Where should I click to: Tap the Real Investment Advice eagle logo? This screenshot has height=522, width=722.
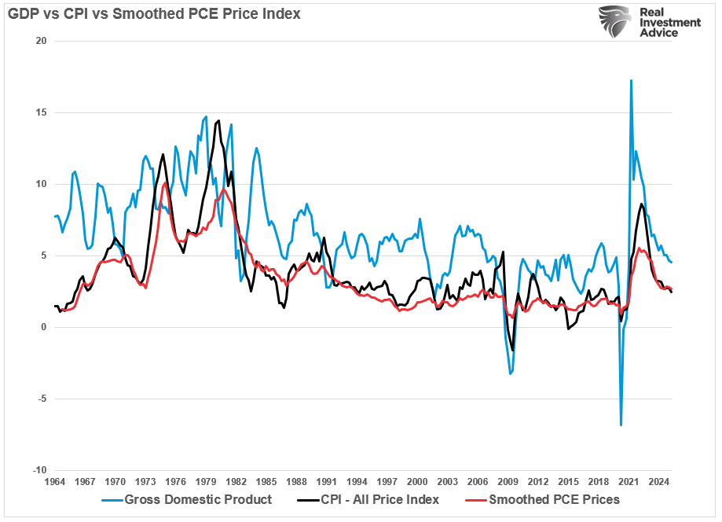(615, 23)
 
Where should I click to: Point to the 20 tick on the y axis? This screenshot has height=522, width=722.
(40, 41)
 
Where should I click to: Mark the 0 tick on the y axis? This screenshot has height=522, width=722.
(43, 327)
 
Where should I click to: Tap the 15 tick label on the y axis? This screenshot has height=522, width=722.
(40, 112)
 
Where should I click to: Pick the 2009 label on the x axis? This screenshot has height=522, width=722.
(509, 481)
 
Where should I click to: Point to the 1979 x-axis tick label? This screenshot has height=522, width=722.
(206, 481)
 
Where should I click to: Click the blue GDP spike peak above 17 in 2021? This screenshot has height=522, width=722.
(631, 80)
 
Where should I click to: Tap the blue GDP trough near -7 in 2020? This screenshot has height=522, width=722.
(621, 425)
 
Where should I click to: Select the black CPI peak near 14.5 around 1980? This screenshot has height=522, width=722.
(218, 121)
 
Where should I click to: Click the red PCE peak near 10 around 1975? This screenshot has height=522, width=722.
(164, 185)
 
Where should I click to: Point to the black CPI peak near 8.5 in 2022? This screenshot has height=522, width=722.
(642, 204)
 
